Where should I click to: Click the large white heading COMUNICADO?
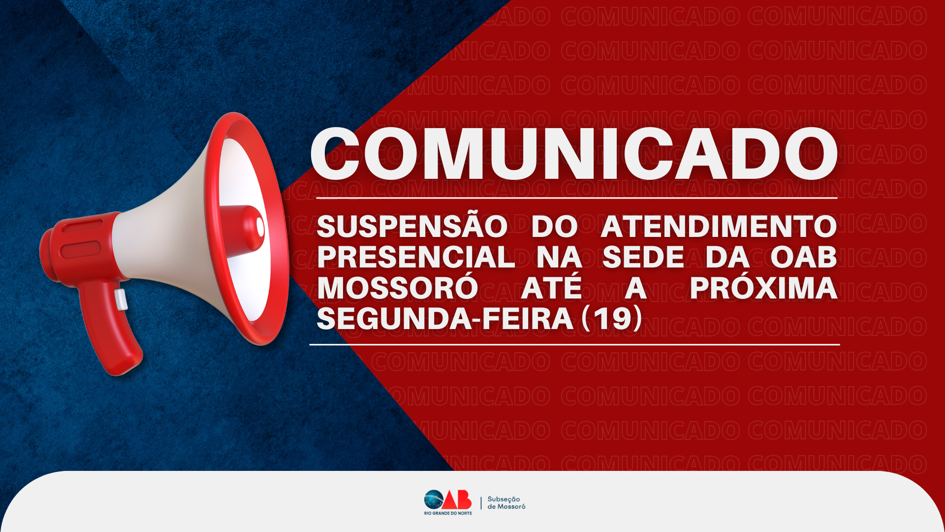click(574, 154)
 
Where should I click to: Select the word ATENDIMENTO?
click(719, 227)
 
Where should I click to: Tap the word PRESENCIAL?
click(416, 257)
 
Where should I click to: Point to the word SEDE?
click(643, 257)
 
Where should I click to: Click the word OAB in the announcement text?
click(804, 257)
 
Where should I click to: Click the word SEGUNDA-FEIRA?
click(445, 319)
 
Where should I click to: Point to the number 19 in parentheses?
click(612, 319)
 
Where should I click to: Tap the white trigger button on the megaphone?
click(121, 299)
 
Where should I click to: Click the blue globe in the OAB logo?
click(434, 500)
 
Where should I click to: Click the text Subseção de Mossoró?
click(506, 503)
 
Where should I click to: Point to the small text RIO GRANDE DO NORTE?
click(448, 513)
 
